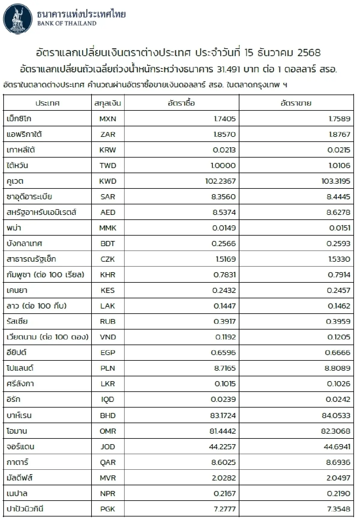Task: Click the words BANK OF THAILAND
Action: (67, 23)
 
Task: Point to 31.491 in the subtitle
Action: (228, 70)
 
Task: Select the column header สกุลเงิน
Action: (108, 103)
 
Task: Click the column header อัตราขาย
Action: (296, 103)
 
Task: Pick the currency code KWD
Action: (108, 181)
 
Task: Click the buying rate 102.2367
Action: (220, 181)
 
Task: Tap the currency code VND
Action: (108, 337)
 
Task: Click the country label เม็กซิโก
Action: (19, 119)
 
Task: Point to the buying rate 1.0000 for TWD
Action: (223, 166)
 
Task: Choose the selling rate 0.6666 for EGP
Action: (337, 353)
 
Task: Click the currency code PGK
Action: (108, 509)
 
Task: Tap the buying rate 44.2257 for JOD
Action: (222, 447)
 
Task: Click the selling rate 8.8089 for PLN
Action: (337, 368)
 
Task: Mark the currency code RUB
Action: (108, 321)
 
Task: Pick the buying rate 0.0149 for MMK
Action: (224, 228)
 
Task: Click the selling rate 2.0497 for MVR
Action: (338, 478)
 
